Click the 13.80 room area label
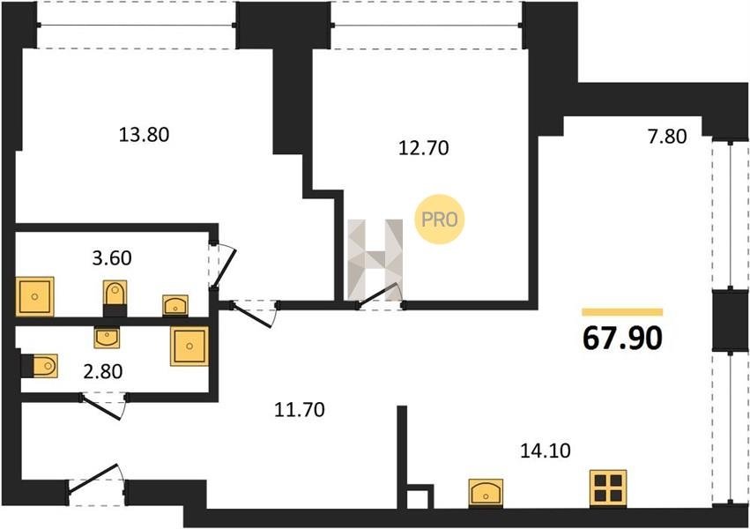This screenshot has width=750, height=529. click(144, 135)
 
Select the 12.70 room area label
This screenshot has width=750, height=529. click(424, 148)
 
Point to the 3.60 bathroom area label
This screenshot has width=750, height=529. click(112, 258)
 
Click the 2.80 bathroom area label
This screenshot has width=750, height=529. click(103, 371)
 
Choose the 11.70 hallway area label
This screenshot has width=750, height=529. click(300, 410)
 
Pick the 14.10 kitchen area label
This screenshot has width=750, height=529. click(546, 451)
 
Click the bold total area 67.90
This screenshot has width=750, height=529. click(622, 339)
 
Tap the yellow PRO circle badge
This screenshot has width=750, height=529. click(439, 220)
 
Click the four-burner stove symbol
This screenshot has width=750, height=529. click(608, 487)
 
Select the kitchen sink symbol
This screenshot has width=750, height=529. click(486, 492)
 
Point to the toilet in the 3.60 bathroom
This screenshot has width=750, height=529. click(115, 297)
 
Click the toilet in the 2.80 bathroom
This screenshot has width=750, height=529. click(41, 366)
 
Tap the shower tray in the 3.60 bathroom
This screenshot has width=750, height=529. click(35, 296)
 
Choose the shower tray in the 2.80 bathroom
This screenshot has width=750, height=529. click(189, 346)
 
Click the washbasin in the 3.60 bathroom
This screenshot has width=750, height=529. click(175, 305)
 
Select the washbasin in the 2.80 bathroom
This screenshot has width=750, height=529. click(107, 338)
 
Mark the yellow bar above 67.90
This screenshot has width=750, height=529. click(622, 312)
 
